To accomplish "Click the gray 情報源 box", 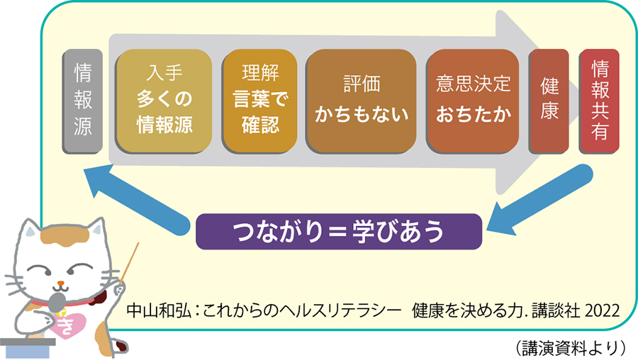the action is tap(82, 101).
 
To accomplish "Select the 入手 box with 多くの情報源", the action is tap(164, 101).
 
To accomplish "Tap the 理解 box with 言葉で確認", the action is tap(259, 101).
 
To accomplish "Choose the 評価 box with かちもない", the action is tap(362, 101).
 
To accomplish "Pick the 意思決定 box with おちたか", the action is tap(473, 101).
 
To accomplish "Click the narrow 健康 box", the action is tap(549, 101).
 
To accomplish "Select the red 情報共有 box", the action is tap(599, 101).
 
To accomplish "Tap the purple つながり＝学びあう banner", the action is tap(339, 232).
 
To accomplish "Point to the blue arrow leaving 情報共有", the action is tap(539, 201).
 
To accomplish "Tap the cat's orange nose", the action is tap(61, 283).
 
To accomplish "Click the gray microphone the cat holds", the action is tap(57, 302).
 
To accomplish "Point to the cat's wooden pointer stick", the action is tap(130, 262).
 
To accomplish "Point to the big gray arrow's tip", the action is tap(578, 101).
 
